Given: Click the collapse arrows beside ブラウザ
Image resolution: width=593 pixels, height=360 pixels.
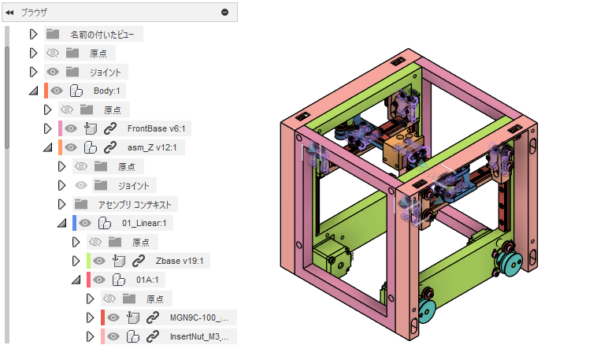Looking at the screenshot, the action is pyautogui.click(x=9, y=13).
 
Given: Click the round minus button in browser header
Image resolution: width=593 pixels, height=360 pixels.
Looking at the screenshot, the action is pyautogui.click(x=224, y=12).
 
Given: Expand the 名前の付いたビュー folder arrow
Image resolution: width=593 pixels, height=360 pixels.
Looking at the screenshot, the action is pyautogui.click(x=33, y=34).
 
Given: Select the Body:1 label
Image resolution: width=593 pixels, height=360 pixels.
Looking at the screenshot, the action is pyautogui.click(x=106, y=91).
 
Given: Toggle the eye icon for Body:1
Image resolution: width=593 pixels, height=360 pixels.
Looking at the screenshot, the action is pyautogui.click(x=57, y=91).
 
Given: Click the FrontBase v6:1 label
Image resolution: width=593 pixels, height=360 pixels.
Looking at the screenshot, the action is pyautogui.click(x=156, y=128).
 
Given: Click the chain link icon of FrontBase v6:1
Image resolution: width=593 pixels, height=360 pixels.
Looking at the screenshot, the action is pyautogui.click(x=110, y=128).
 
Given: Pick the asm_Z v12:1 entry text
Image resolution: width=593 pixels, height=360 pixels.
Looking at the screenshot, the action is pyautogui.click(x=152, y=147).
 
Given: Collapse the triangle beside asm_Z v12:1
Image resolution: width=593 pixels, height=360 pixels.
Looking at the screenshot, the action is pyautogui.click(x=48, y=147).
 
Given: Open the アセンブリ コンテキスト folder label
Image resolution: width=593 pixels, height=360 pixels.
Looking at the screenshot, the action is pyautogui.click(x=135, y=205).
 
